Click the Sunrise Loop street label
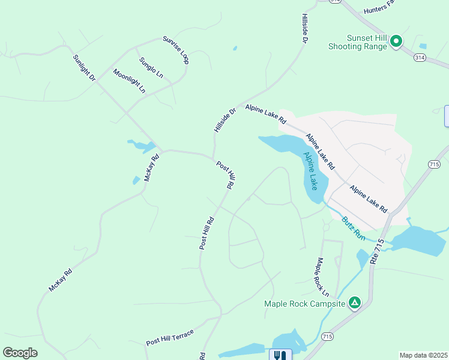[176, 50]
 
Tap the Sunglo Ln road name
[151, 67]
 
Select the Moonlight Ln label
[129, 80]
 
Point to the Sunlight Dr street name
[84, 68]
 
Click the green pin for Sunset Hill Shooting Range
[396, 41]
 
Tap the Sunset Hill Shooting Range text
[358, 41]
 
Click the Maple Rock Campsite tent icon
[355, 303]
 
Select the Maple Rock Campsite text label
[305, 304]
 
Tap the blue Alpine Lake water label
[311, 170]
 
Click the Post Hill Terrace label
[170, 338]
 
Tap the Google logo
[20, 353]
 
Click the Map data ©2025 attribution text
[423, 355]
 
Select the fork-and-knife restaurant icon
[280, 355]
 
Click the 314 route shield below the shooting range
[419, 57]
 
